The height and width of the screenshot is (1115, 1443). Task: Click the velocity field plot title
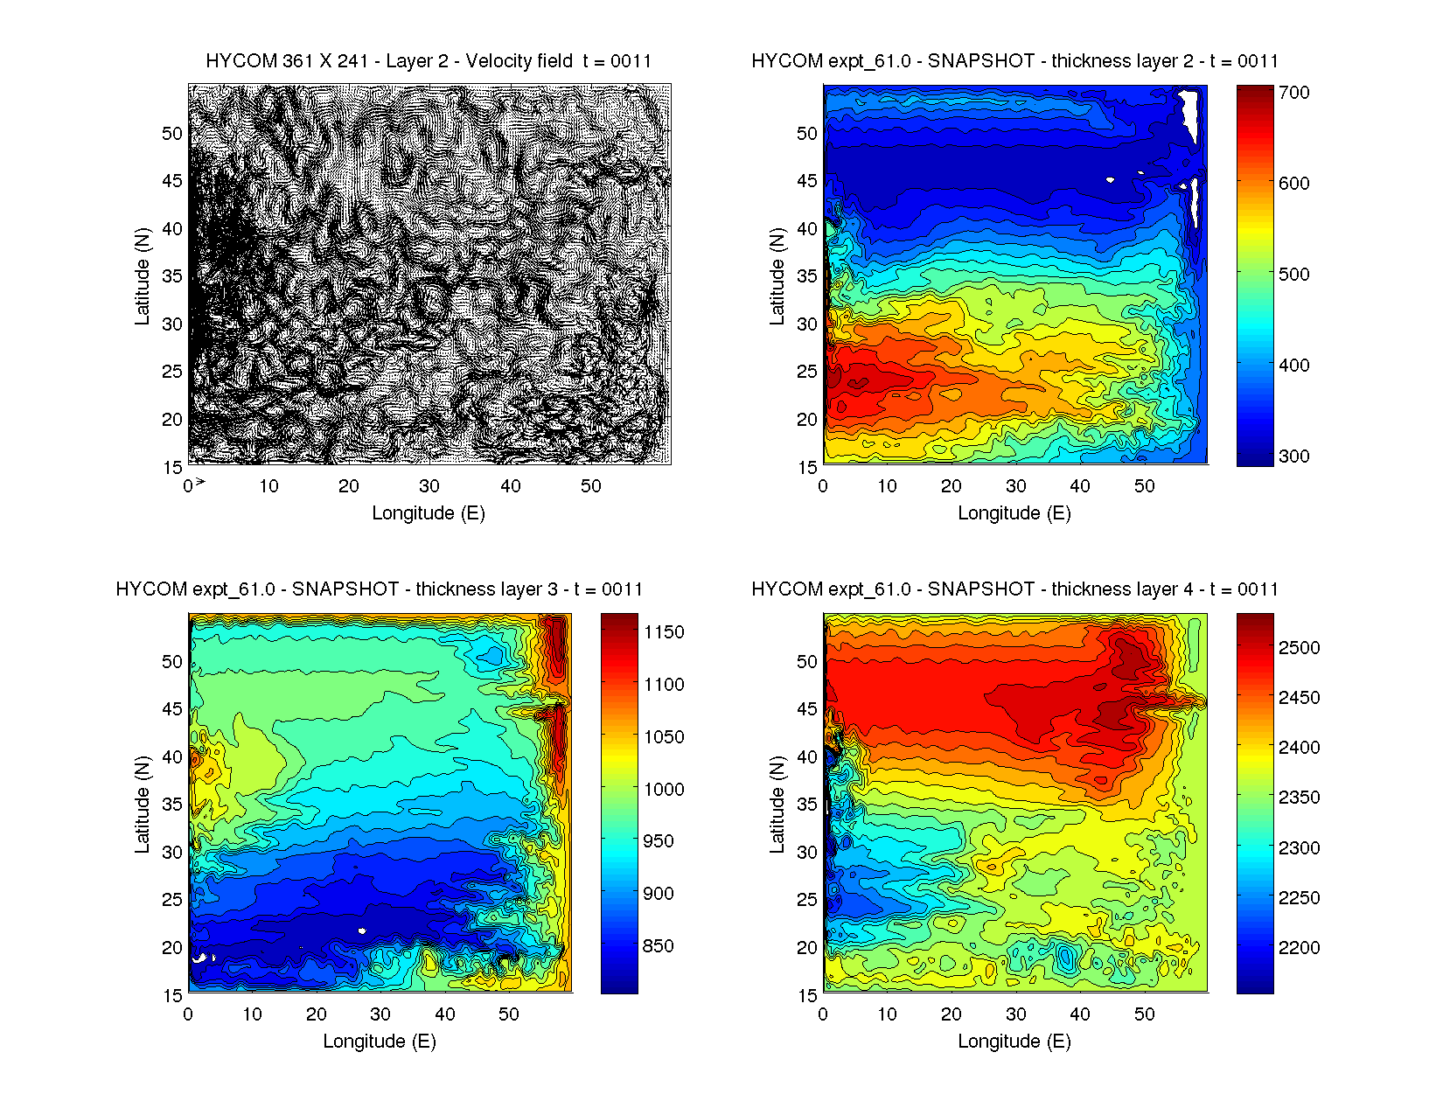[x=429, y=61]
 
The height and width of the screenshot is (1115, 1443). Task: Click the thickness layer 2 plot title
[x=1014, y=61]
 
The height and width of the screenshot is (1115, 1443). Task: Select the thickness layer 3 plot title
[x=379, y=589]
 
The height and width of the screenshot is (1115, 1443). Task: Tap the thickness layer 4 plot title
[x=1014, y=589]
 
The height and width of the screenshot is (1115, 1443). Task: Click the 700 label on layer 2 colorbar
[x=1293, y=93]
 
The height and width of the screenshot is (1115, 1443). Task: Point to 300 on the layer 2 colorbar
[x=1293, y=456]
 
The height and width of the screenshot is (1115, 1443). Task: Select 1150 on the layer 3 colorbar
[x=664, y=632]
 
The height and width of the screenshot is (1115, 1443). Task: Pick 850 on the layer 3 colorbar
[x=658, y=946]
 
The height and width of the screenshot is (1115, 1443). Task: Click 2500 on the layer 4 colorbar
[x=1299, y=648]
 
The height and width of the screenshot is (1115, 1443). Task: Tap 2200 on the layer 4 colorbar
[x=1299, y=948]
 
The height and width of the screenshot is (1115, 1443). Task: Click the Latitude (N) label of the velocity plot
[x=142, y=276]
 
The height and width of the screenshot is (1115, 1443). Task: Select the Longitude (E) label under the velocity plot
[x=429, y=513]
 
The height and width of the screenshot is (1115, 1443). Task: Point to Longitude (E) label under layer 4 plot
[x=1014, y=1042]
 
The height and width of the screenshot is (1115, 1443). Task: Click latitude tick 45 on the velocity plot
[x=172, y=181]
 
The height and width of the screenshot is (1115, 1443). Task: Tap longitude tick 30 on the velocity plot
[x=429, y=486]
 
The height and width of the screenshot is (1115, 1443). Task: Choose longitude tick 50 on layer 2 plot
[x=1145, y=486]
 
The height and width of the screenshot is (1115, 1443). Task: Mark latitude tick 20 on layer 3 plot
[x=172, y=948]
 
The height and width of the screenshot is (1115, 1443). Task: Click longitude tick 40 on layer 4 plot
[x=1080, y=1014]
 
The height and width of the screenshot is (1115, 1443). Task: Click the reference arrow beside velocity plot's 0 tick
[x=200, y=482]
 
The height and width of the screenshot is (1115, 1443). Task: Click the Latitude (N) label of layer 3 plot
[x=142, y=805]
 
